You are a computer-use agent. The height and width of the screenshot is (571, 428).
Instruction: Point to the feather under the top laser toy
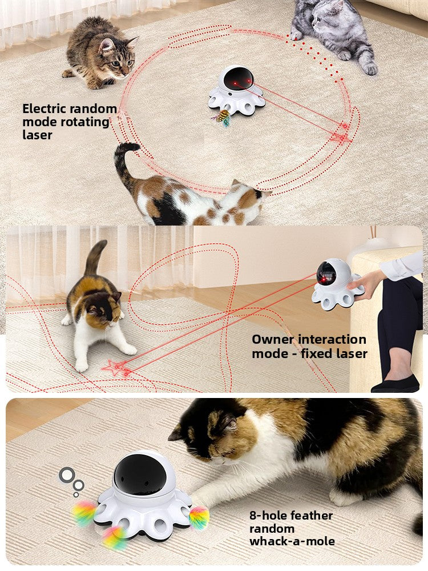point(223,119)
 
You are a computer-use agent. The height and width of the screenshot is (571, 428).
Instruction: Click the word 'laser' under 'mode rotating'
point(37,135)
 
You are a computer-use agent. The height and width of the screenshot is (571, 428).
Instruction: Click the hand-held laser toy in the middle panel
point(334,283)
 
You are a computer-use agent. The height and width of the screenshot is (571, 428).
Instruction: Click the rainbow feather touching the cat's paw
point(199,517)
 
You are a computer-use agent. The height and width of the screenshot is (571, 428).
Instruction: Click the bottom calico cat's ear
point(229,423)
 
